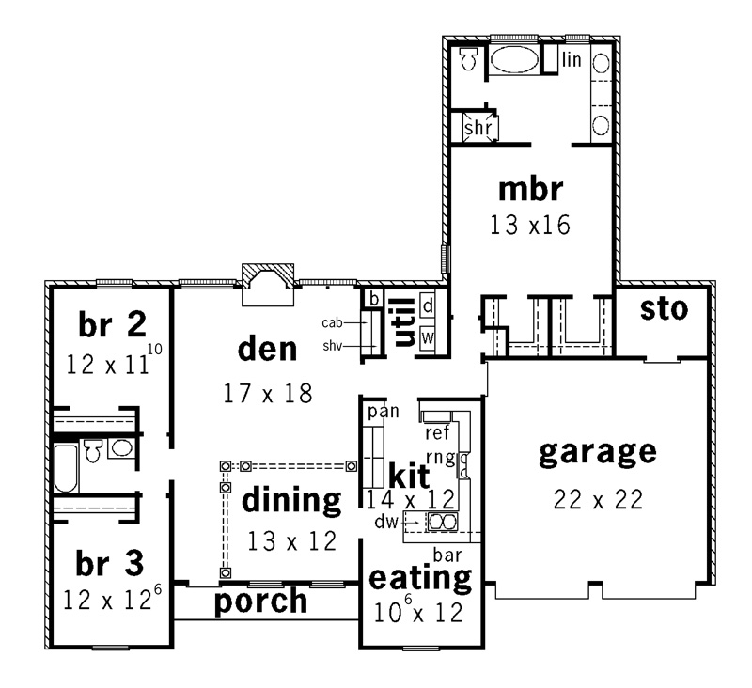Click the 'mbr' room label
click(530, 190)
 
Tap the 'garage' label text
click(598, 453)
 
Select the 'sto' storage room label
click(665, 309)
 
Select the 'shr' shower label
click(478, 128)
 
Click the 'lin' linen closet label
click(572, 59)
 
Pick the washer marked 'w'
click(428, 337)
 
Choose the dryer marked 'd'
click(428, 305)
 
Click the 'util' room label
click(404, 321)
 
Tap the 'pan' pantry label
click(384, 412)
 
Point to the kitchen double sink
click(442, 521)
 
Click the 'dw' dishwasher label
click(386, 522)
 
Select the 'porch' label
click(260, 602)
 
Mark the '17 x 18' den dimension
click(268, 394)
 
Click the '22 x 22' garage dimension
click(598, 500)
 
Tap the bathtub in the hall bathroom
click(66, 469)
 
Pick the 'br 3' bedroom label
click(110, 563)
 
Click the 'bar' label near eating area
click(447, 555)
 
